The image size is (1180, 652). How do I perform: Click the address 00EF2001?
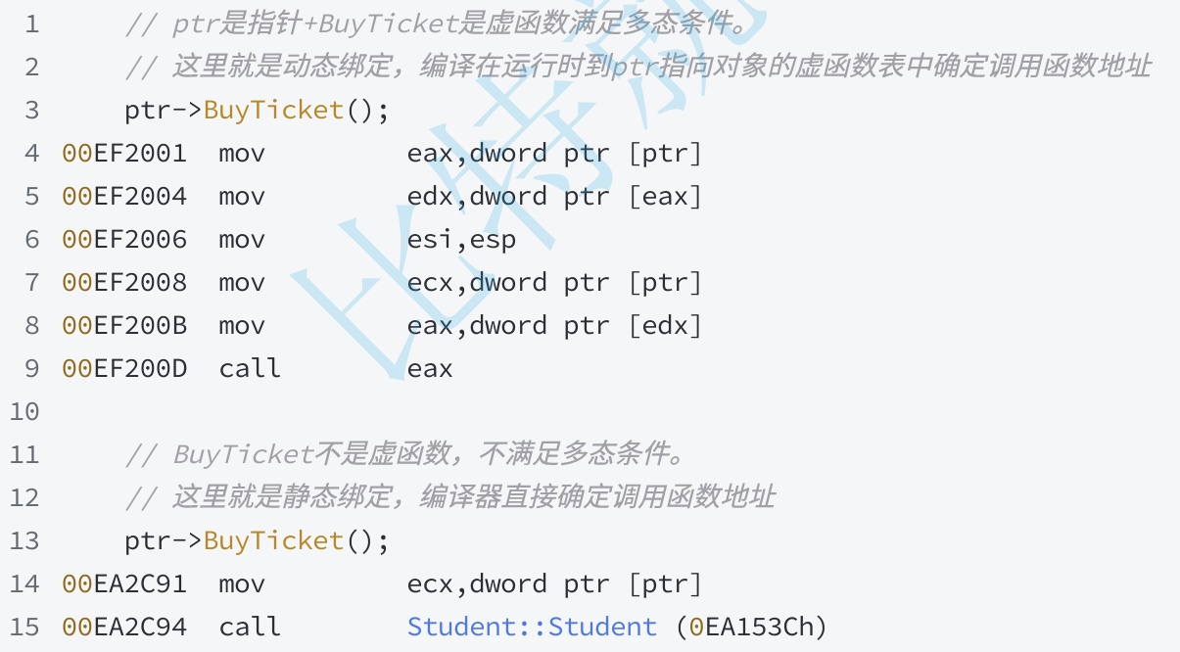(x=124, y=154)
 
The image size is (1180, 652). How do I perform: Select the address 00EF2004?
(x=124, y=197)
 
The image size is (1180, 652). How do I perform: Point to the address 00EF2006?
(x=124, y=240)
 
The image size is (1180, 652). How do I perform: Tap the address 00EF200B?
(x=124, y=325)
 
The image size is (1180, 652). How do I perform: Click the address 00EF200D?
(x=124, y=369)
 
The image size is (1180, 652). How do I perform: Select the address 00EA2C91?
(x=124, y=584)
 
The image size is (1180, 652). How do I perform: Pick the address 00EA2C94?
(x=124, y=628)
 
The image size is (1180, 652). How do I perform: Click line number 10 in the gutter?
(x=24, y=412)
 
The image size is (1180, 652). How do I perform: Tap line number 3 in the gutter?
(x=32, y=111)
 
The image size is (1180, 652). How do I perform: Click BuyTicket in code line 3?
(x=274, y=111)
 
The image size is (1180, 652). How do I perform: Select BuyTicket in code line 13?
(x=274, y=541)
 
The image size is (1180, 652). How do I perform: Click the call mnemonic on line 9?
(x=249, y=368)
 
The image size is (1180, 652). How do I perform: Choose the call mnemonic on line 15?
(x=249, y=627)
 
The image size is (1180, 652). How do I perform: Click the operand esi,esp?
(x=461, y=240)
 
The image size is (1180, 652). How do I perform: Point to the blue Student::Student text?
(x=532, y=627)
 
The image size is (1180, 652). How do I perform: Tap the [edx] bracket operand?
(x=665, y=325)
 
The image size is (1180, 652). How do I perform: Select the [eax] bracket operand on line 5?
(x=665, y=197)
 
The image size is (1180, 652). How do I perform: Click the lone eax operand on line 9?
(x=430, y=370)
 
